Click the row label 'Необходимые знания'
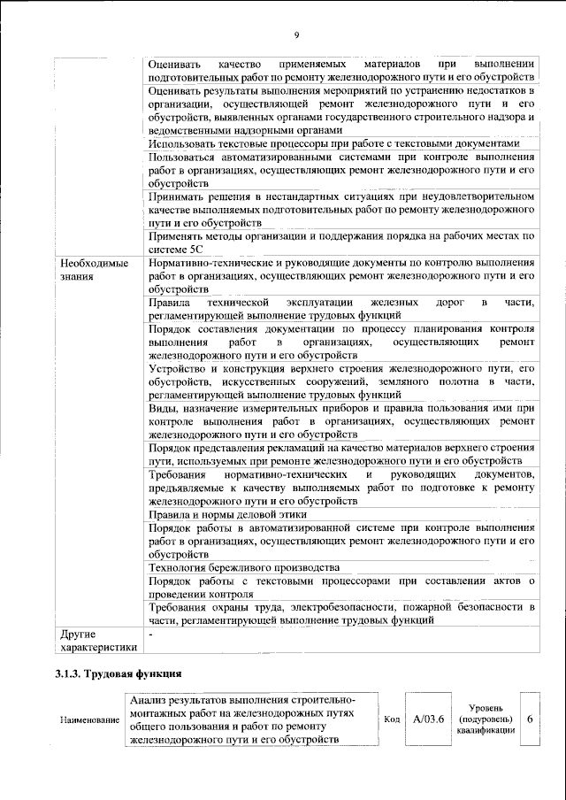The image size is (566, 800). (x=94, y=270)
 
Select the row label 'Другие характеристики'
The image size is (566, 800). (x=96, y=642)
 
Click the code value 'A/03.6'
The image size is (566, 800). (x=428, y=719)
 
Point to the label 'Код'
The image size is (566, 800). (x=392, y=719)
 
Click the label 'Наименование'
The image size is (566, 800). (x=89, y=720)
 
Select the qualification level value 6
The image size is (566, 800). (x=529, y=719)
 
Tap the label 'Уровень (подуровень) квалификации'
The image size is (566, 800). (x=486, y=719)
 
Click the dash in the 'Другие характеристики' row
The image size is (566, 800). (x=151, y=635)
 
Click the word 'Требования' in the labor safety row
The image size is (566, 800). (x=180, y=607)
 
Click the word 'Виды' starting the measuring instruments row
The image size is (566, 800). (x=164, y=408)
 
